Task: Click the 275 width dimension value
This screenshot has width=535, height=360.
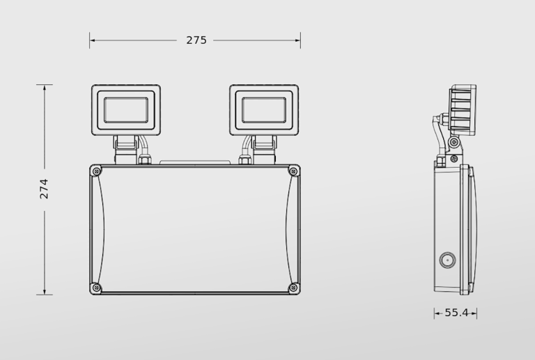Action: click(196, 40)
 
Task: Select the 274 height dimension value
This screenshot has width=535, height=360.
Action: click(44, 189)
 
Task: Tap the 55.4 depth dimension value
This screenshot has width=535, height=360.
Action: click(456, 313)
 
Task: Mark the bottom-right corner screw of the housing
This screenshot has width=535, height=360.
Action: click(293, 288)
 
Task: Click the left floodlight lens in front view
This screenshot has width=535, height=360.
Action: click(126, 110)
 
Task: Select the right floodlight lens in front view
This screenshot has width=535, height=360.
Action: click(264, 110)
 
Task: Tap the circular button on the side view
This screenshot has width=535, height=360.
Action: click(445, 261)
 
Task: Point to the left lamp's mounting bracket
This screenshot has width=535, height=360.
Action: click(126, 145)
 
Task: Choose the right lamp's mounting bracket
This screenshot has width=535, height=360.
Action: click(264, 145)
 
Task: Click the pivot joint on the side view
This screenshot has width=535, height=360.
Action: click(454, 143)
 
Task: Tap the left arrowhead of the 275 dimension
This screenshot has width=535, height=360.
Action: click(92, 40)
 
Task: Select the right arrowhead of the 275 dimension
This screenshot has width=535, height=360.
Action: click(298, 40)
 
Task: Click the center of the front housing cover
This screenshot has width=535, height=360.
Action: click(195, 229)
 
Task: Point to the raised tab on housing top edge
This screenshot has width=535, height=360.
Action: click(195, 164)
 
